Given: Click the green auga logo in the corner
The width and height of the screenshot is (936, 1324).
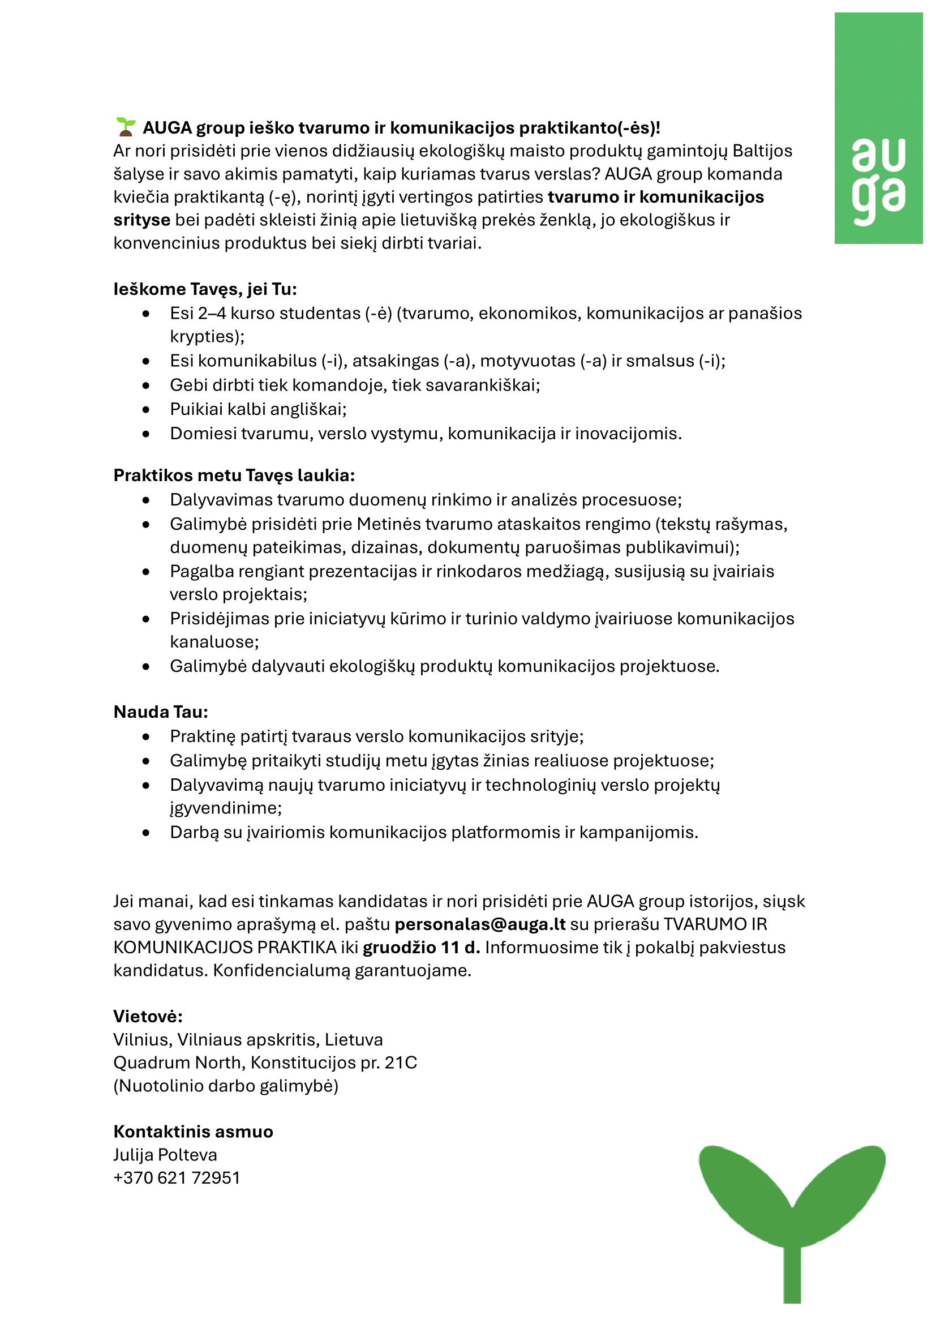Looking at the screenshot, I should [x=878, y=128].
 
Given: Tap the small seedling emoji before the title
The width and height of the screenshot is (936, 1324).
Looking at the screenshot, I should [x=126, y=127].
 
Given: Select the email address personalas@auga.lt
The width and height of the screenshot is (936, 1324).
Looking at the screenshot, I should [x=480, y=924].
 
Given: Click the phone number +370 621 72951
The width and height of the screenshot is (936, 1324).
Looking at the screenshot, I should [x=177, y=1177].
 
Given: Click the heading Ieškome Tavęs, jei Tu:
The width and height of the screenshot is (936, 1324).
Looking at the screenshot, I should [x=205, y=289].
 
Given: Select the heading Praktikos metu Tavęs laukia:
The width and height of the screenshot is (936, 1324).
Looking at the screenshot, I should [x=234, y=475].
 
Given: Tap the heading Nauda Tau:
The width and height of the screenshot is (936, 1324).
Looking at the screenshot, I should [x=161, y=712].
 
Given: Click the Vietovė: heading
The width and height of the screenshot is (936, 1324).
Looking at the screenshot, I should [x=148, y=1016].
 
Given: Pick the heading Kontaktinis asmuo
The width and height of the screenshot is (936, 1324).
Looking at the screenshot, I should [x=193, y=1132].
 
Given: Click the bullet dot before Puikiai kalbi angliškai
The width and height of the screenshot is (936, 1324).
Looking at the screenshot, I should [x=147, y=409].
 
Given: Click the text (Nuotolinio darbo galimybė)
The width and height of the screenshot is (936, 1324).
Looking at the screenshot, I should [x=226, y=1085].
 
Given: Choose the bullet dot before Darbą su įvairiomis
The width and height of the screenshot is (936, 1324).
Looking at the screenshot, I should [x=147, y=833].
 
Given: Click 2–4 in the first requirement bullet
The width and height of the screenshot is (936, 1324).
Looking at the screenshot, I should [x=212, y=313].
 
